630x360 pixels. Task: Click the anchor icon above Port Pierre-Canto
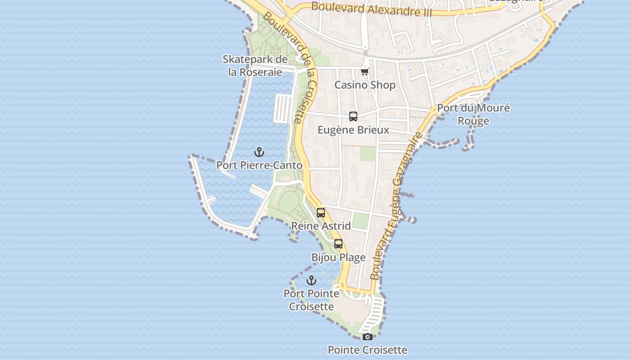coord(259,152)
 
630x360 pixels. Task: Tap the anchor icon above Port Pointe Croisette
coord(311,280)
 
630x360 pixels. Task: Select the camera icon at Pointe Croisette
coord(368,337)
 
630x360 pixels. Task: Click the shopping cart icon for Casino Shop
coord(365,72)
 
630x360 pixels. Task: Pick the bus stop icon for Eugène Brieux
coord(353,117)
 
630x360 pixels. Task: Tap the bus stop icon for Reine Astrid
coord(321,213)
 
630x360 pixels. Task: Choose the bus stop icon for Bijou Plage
coord(338,244)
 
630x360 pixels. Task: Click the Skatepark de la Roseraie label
coord(255,66)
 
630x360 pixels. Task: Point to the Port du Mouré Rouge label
coord(473,114)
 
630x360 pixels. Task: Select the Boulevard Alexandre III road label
coord(371,9)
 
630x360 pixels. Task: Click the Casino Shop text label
coord(365,85)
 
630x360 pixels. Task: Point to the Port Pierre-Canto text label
coord(259,165)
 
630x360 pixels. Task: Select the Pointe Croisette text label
coord(367,350)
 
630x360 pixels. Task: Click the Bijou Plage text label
coord(338,257)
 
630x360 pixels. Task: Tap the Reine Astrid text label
coord(321,226)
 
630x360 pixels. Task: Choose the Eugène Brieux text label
coord(353,130)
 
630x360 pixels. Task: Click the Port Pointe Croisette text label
coord(311,300)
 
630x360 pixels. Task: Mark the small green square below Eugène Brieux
coord(368,154)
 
